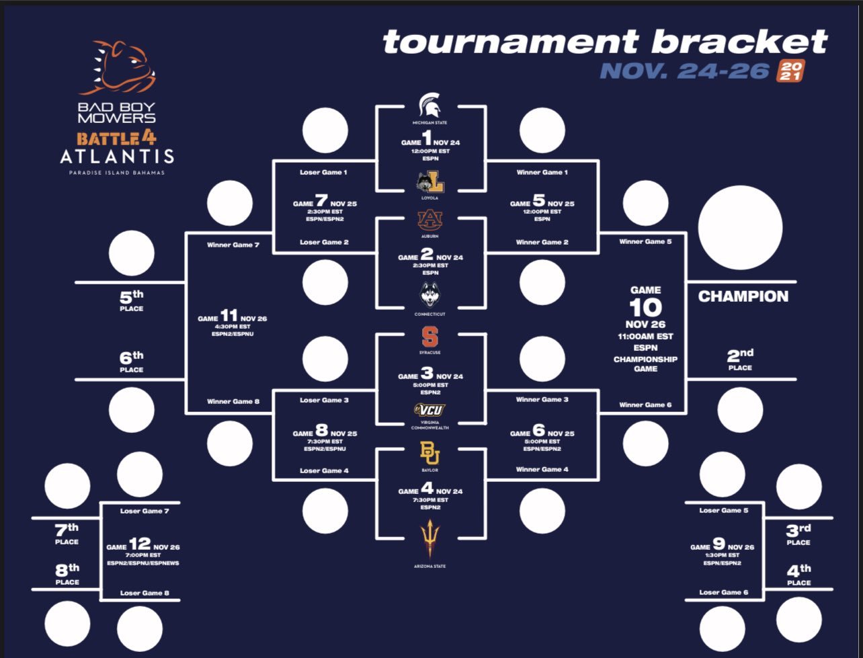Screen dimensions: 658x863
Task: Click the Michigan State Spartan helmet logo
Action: pyautogui.click(x=430, y=106)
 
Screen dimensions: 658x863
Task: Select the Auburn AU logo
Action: pyautogui.click(x=430, y=220)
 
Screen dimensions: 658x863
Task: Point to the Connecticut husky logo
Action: pyautogui.click(x=430, y=295)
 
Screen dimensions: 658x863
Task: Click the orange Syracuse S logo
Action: pyautogui.click(x=430, y=337)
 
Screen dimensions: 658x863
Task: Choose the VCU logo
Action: pyautogui.click(x=430, y=409)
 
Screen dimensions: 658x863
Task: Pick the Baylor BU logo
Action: pyautogui.click(x=430, y=454)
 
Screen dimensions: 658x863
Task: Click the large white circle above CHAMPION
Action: pyautogui.click(x=740, y=228)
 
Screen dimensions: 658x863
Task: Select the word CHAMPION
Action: pyautogui.click(x=743, y=296)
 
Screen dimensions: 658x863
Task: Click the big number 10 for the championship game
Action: pyautogui.click(x=645, y=308)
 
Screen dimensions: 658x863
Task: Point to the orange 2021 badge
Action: pyautogui.click(x=790, y=71)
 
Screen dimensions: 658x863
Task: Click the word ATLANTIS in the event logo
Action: pyautogui.click(x=117, y=157)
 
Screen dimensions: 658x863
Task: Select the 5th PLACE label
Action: pyautogui.click(x=132, y=300)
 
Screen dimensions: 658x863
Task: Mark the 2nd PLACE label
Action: pyautogui.click(x=740, y=359)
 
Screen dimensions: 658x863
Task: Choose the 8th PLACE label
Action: pyautogui.click(x=67, y=575)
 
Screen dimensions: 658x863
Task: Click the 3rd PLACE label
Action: pyautogui.click(x=798, y=534)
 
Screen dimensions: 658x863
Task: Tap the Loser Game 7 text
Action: pyautogui.click(x=141, y=511)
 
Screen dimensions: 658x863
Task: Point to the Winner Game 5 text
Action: pyautogui.click(x=645, y=241)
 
